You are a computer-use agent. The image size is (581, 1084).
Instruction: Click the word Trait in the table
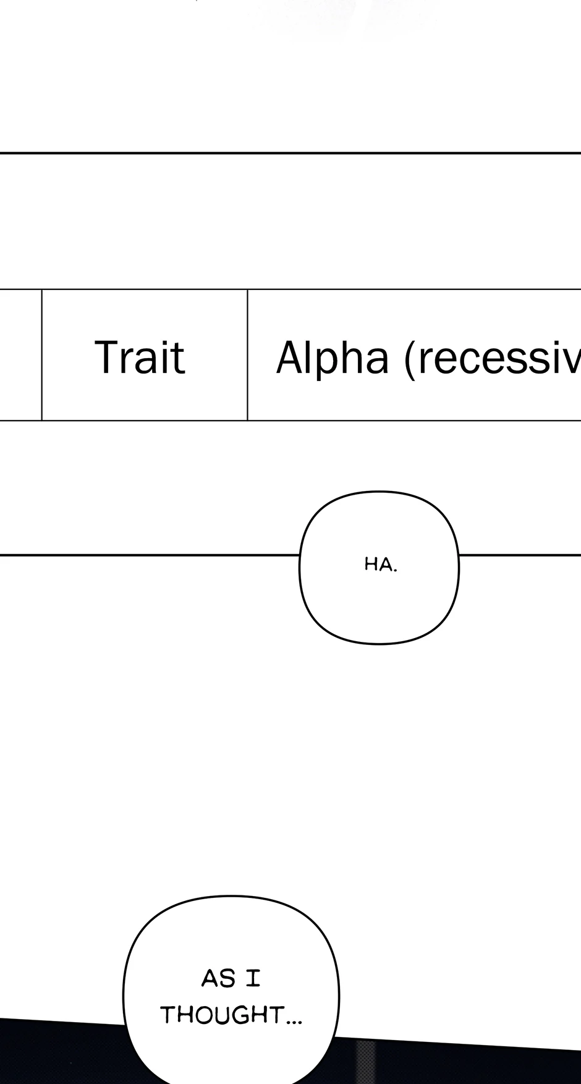[x=140, y=357]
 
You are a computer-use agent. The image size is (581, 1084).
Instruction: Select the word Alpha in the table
[x=332, y=357]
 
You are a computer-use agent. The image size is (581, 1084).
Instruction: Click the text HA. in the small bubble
[x=380, y=565]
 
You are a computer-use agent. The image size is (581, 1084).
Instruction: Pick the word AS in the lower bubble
[x=218, y=978]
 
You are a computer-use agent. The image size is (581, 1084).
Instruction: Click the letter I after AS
[x=253, y=978]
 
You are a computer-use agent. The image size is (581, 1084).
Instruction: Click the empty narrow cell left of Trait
[x=20, y=355]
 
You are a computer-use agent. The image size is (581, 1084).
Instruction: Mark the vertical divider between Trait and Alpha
[x=247, y=355]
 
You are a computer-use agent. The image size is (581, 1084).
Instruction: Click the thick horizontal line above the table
[x=290, y=153]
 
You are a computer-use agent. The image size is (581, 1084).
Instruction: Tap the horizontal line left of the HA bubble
[x=148, y=555]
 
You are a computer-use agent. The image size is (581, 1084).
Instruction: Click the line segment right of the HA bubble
[x=519, y=555]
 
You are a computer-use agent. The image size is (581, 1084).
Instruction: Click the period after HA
[x=395, y=570]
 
